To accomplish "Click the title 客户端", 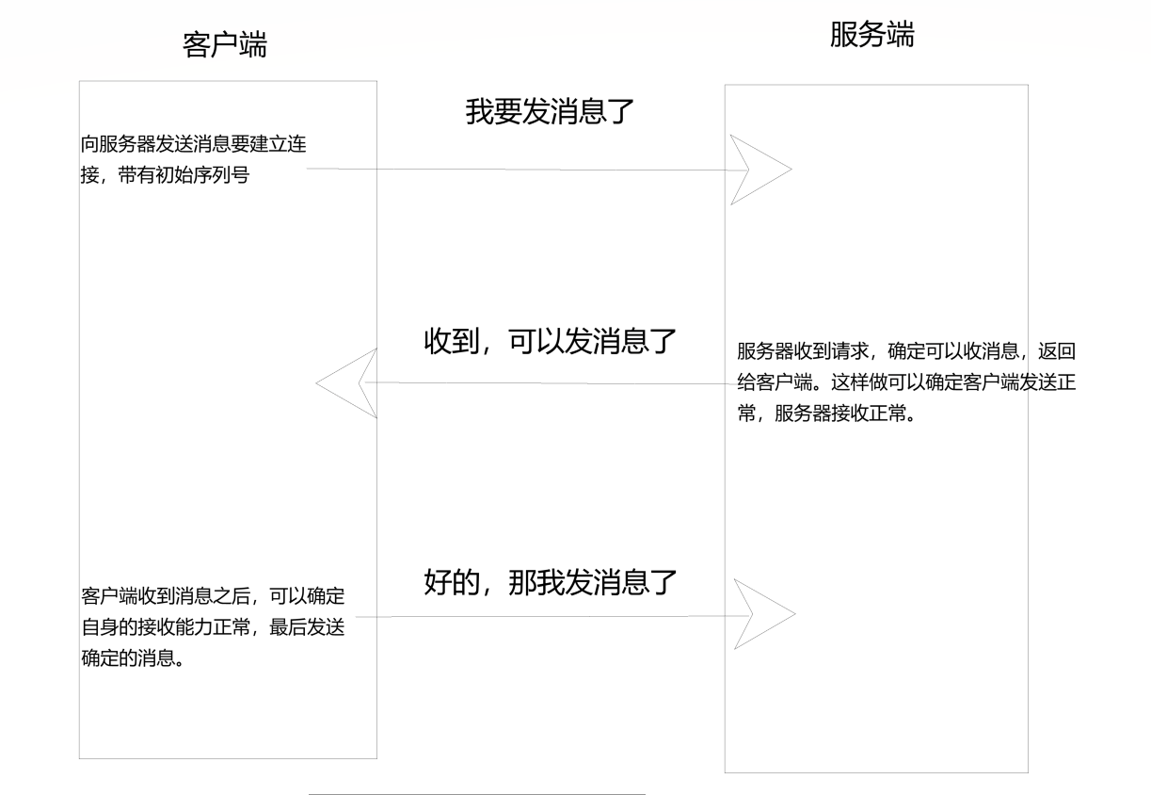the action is pyautogui.click(x=224, y=44).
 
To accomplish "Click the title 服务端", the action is pyautogui.click(x=871, y=35).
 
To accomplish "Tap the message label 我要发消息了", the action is pyautogui.click(x=551, y=112).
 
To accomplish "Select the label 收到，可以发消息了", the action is pyautogui.click(x=551, y=341).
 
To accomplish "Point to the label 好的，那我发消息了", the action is pyautogui.click(x=551, y=582).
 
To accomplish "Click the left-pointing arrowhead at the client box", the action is pyautogui.click(x=346, y=383).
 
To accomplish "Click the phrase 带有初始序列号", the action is pyautogui.click(x=192, y=175).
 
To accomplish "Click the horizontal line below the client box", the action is pyautogui.click(x=476, y=794).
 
